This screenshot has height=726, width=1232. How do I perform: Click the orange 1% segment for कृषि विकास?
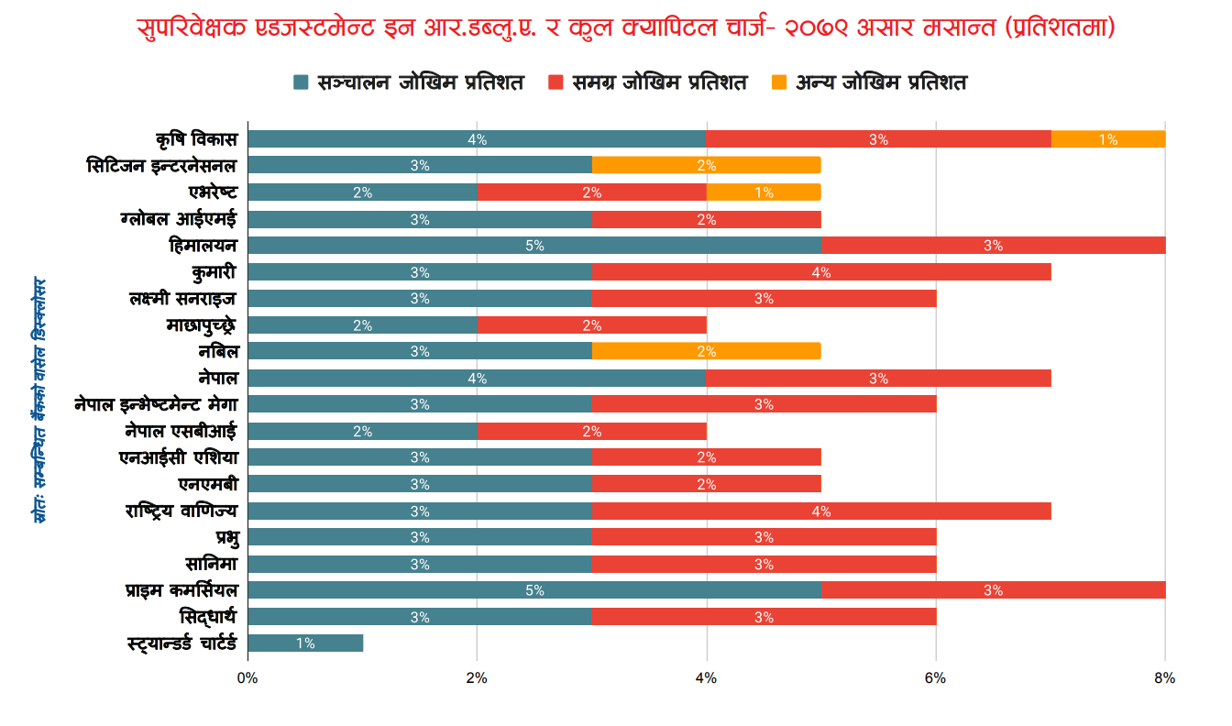tap(1107, 139)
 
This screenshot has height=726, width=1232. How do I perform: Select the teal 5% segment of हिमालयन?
tap(534, 246)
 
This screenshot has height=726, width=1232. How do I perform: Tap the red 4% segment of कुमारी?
tap(820, 272)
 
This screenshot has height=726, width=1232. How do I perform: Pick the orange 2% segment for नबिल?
tap(706, 351)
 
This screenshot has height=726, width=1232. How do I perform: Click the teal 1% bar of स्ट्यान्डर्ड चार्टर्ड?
tap(305, 643)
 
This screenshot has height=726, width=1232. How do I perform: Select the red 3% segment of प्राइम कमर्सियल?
tap(993, 590)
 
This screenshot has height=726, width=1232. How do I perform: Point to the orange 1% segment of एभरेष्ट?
tap(764, 192)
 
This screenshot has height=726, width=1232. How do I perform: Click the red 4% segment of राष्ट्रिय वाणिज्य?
tap(820, 511)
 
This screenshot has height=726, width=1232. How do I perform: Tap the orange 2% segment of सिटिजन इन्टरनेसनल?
tap(706, 166)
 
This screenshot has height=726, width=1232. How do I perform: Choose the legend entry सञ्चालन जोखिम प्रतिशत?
tap(408, 82)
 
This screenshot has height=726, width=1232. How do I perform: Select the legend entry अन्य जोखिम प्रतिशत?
tap(869, 82)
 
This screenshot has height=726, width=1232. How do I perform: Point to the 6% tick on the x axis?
tap(935, 678)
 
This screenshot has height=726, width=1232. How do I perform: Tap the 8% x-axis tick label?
tap(1164, 678)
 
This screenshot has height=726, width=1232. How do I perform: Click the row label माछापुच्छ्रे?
tap(202, 325)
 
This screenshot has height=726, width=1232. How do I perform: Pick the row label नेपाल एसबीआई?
tap(181, 432)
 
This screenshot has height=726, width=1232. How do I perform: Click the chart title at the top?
tap(625, 28)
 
